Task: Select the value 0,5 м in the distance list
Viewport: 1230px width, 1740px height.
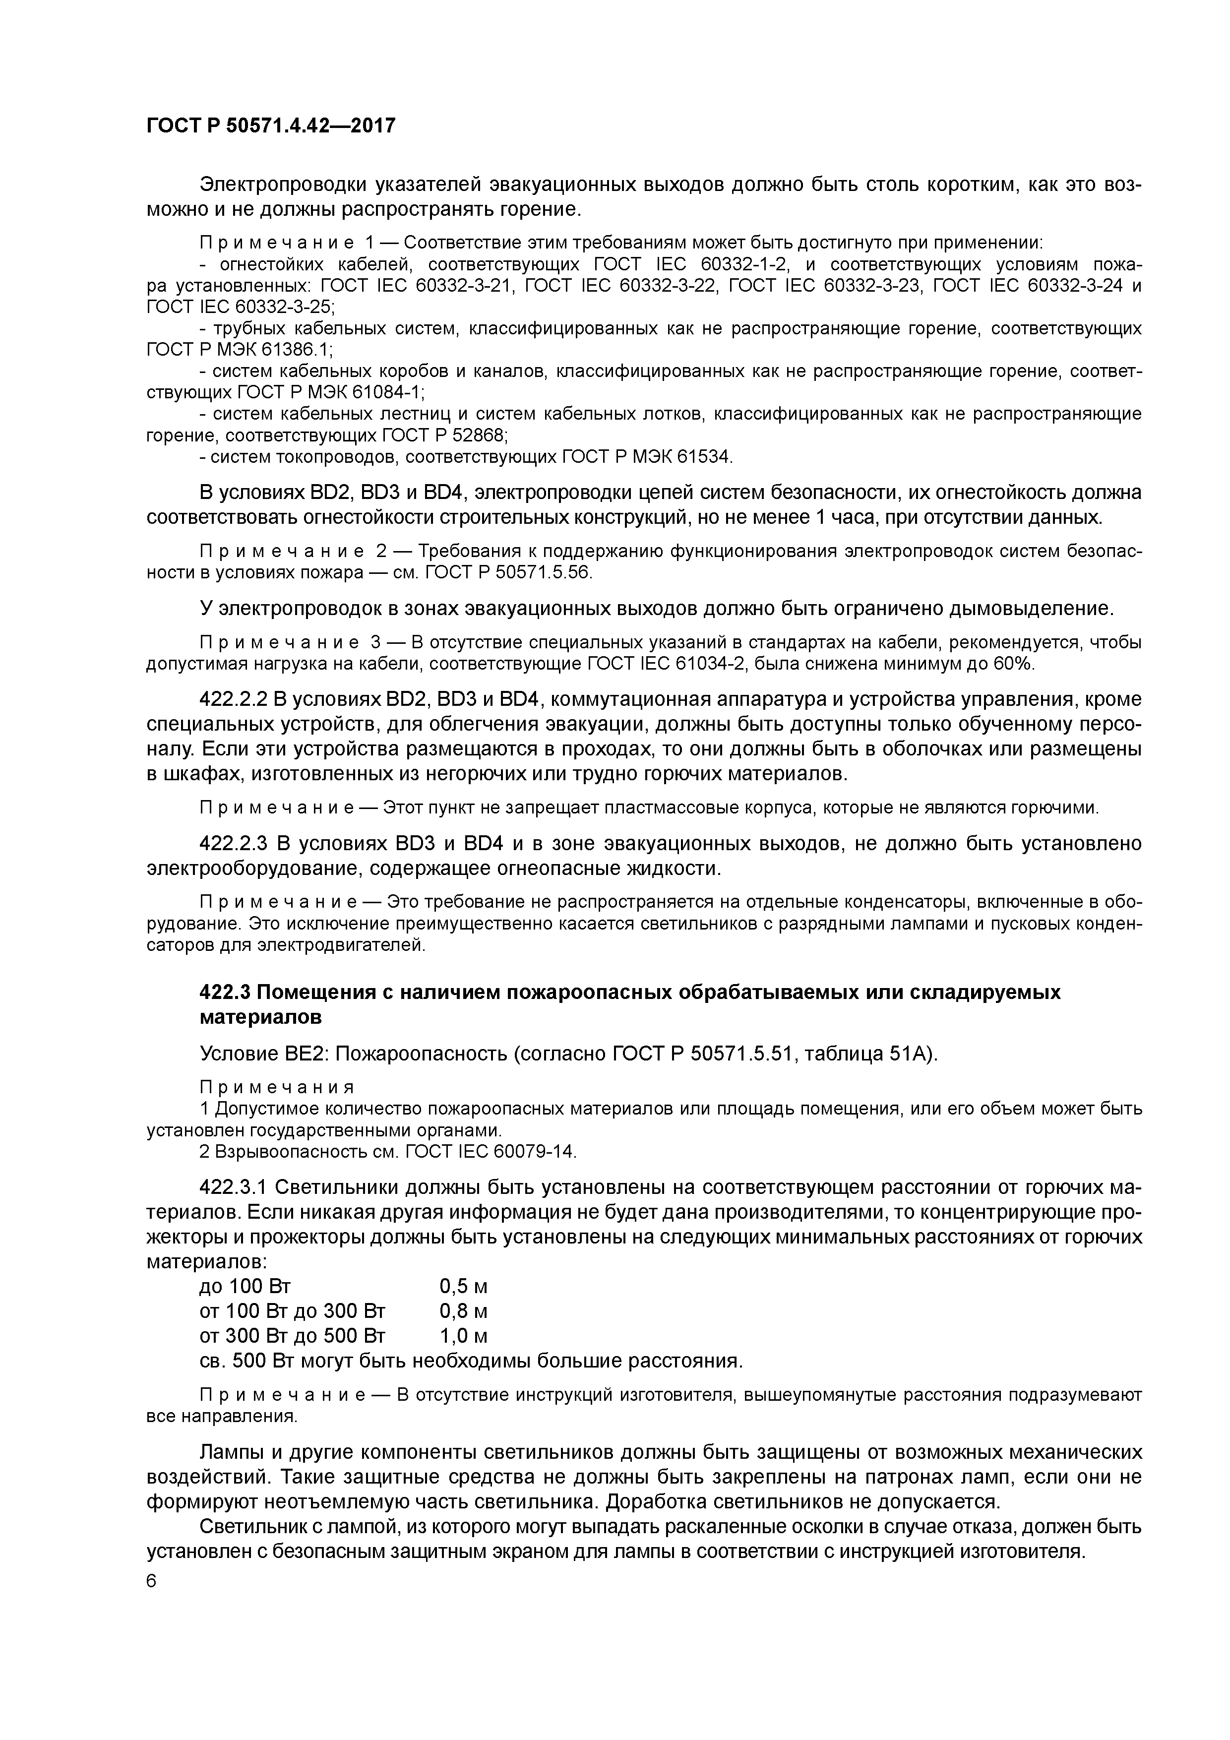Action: coord(463,1287)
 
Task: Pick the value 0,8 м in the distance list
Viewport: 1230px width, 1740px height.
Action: coord(463,1311)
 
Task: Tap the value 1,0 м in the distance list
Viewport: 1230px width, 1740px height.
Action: coord(463,1335)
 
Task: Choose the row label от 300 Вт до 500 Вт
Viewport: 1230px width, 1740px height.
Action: coord(293,1335)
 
